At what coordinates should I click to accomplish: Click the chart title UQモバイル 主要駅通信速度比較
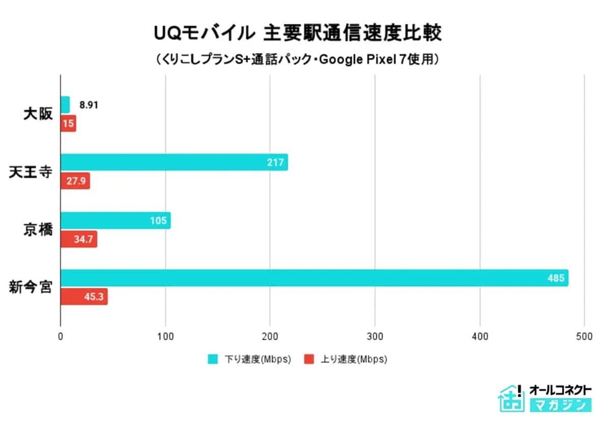298,34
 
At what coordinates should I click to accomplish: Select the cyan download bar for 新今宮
314,278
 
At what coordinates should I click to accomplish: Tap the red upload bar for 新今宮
84,297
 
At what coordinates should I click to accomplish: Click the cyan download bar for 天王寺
174,162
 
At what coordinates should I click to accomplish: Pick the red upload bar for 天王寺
75,181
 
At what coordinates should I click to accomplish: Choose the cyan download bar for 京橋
116,220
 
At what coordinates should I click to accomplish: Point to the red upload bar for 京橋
79,239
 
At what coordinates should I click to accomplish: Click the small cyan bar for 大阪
65,105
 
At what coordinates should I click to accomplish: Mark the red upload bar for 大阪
68,123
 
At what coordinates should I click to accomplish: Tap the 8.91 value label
89,105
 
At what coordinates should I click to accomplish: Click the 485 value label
556,279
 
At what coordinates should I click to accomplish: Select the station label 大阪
38,114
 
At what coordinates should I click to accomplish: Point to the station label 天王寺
31,172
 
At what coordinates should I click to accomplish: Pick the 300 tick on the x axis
375,337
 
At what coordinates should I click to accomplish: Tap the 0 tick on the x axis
61,337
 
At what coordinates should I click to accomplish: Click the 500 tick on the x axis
585,337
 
